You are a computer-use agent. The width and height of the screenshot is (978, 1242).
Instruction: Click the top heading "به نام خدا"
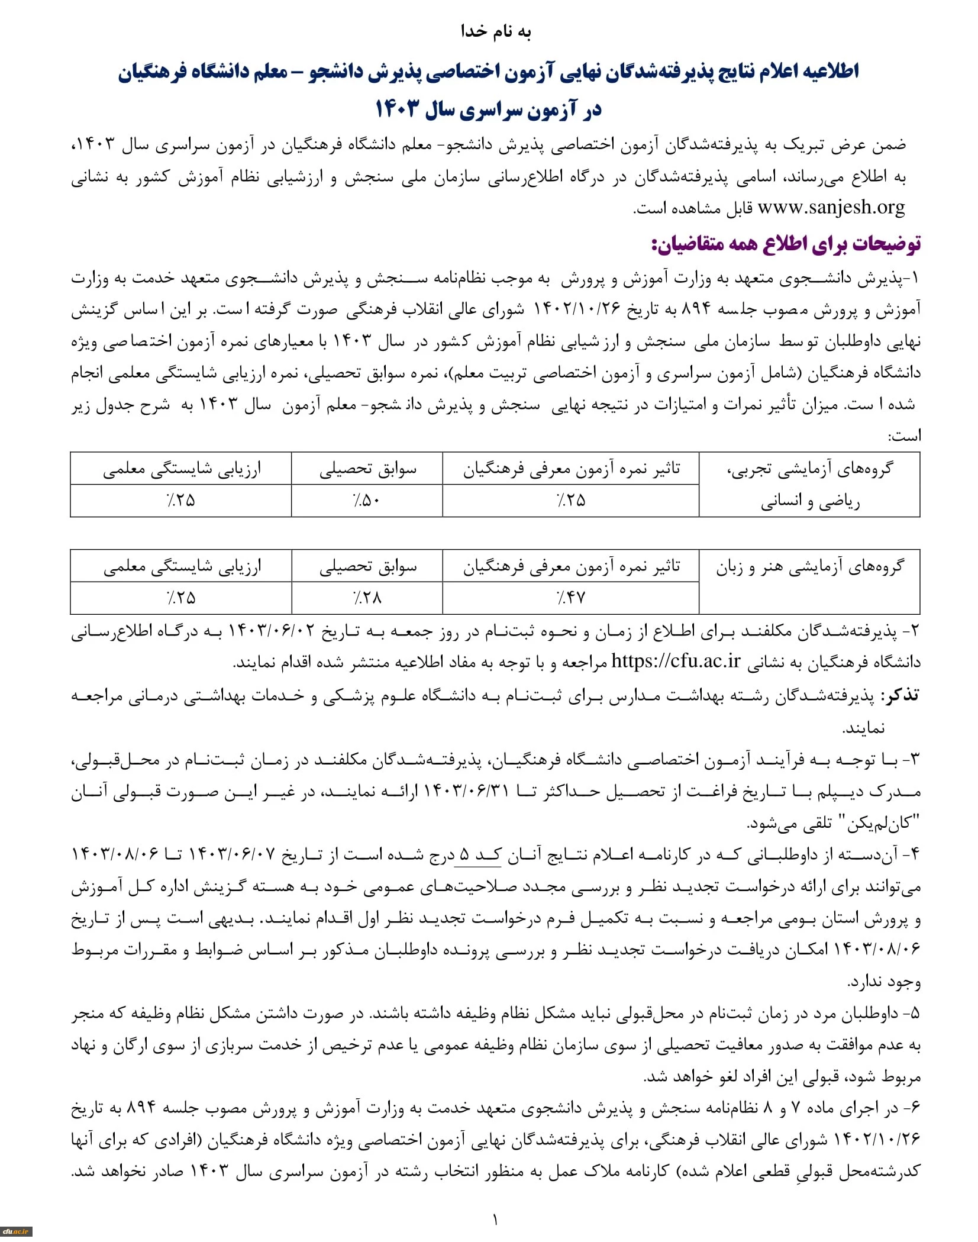pos(496,31)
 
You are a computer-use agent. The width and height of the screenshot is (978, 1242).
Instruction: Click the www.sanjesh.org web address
pos(831,207)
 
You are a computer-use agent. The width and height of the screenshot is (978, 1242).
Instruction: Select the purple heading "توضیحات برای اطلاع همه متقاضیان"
pos(785,244)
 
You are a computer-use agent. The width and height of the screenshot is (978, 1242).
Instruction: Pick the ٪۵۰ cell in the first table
pos(367,501)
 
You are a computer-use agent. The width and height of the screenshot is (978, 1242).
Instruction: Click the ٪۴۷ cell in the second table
pos(570,598)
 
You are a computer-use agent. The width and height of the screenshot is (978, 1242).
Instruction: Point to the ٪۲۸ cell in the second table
pos(367,598)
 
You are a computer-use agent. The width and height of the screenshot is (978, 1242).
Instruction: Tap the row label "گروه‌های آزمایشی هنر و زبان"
pos(809,567)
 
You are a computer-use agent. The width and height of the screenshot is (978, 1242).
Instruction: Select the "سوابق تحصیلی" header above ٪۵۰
pos(367,469)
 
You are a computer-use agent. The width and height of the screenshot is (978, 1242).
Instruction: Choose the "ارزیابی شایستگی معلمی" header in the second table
pos(182,567)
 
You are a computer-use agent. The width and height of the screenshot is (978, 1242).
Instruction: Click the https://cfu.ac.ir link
pos(676,661)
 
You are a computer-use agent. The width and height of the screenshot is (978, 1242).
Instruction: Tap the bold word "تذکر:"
pos(900,695)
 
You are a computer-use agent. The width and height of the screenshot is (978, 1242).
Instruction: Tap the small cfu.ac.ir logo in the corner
pos(15,1231)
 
